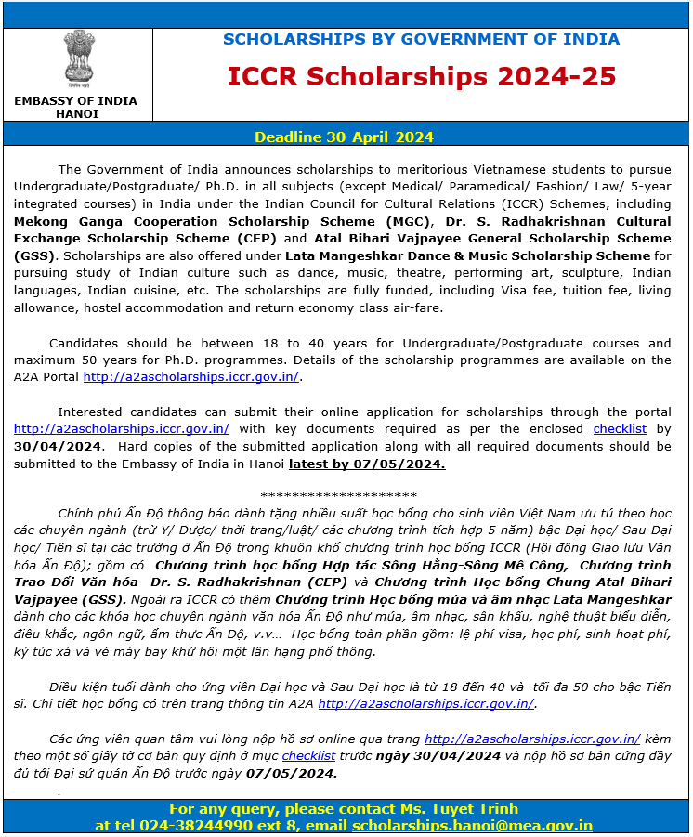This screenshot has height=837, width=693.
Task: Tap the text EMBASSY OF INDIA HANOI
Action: [x=76, y=107]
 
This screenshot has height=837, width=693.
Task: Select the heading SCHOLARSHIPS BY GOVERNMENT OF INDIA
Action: [x=421, y=39]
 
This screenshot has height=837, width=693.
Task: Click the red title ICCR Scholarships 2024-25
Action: [x=421, y=76]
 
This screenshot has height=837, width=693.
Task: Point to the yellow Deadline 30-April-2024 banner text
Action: [x=344, y=137]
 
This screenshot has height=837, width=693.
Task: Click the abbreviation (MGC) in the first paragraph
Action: [x=411, y=221]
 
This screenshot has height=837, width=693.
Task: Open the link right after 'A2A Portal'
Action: [x=191, y=377]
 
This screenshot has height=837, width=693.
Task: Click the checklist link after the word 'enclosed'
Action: [x=620, y=429]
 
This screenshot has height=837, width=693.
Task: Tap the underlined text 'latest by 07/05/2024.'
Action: [x=367, y=464]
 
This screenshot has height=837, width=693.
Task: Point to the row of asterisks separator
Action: [x=339, y=496]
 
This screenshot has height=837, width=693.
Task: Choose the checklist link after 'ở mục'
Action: [x=308, y=756]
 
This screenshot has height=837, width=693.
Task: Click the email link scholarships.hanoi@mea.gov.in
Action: [x=472, y=825]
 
